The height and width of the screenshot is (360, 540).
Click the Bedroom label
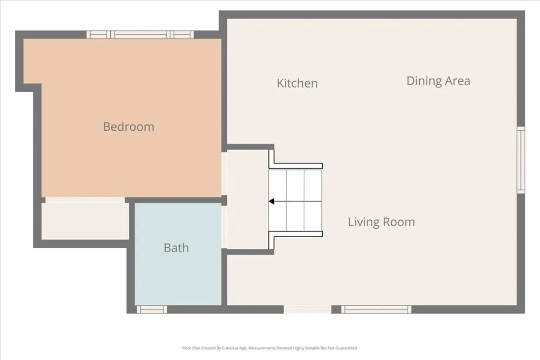click(129, 127)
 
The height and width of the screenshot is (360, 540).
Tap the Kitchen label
click(297, 83)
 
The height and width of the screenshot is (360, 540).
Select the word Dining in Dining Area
click(422, 81)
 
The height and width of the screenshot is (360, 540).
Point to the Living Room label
click(381, 222)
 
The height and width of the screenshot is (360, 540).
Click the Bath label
click(176, 248)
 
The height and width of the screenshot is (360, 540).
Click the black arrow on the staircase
click(272, 201)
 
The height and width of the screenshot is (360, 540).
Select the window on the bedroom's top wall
click(140, 35)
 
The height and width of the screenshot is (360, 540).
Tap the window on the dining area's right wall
click(520, 160)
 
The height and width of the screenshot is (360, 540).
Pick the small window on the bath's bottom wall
click(152, 309)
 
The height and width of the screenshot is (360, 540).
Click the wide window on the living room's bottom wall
click(376, 309)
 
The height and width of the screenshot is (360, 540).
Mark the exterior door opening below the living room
click(308, 309)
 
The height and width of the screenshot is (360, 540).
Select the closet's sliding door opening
click(84, 200)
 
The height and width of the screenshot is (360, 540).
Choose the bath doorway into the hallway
click(224, 227)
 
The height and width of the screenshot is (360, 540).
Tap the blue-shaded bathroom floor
click(178, 274)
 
